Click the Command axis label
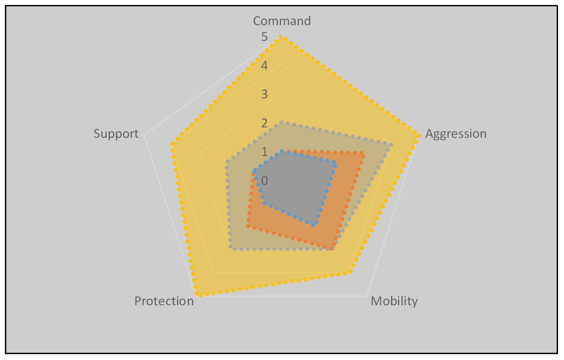(x=282, y=21)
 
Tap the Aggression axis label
(x=456, y=134)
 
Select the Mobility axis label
(x=394, y=301)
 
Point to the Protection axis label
(x=164, y=301)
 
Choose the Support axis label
(x=116, y=134)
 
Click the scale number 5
(x=265, y=37)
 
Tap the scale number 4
(x=265, y=66)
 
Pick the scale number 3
(x=265, y=94)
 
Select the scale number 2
(x=265, y=123)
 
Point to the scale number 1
(x=265, y=152)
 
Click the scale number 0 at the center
(x=265, y=181)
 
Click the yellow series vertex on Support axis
(x=172, y=144)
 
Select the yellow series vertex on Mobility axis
(x=350, y=272)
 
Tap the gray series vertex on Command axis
(x=281, y=122)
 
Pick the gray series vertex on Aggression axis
(x=391, y=144)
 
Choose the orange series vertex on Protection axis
(x=247, y=226)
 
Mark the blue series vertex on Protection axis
(x=264, y=203)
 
